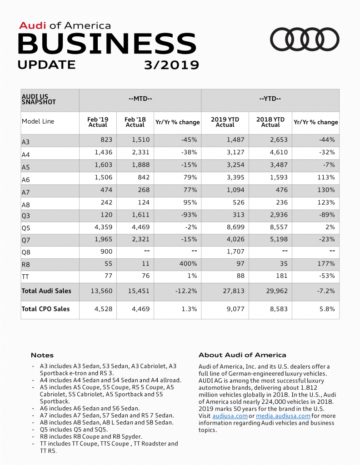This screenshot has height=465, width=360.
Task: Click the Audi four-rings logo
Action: tap(305, 40)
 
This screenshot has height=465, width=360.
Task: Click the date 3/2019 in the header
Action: tap(171, 65)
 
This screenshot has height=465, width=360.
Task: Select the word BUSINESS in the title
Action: tap(107, 44)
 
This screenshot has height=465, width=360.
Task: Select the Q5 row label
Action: tap(26, 227)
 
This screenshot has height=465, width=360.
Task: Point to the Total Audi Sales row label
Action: tap(46, 291)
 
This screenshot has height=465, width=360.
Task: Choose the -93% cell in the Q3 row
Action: tap(188, 214)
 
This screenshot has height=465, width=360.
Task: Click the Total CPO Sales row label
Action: tap(45, 309)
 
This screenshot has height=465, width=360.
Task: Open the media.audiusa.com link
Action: tap(283, 416)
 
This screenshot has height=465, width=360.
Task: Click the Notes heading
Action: tap(42, 355)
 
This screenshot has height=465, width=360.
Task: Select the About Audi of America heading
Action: tap(242, 355)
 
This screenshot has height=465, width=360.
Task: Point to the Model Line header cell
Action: tap(38, 122)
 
